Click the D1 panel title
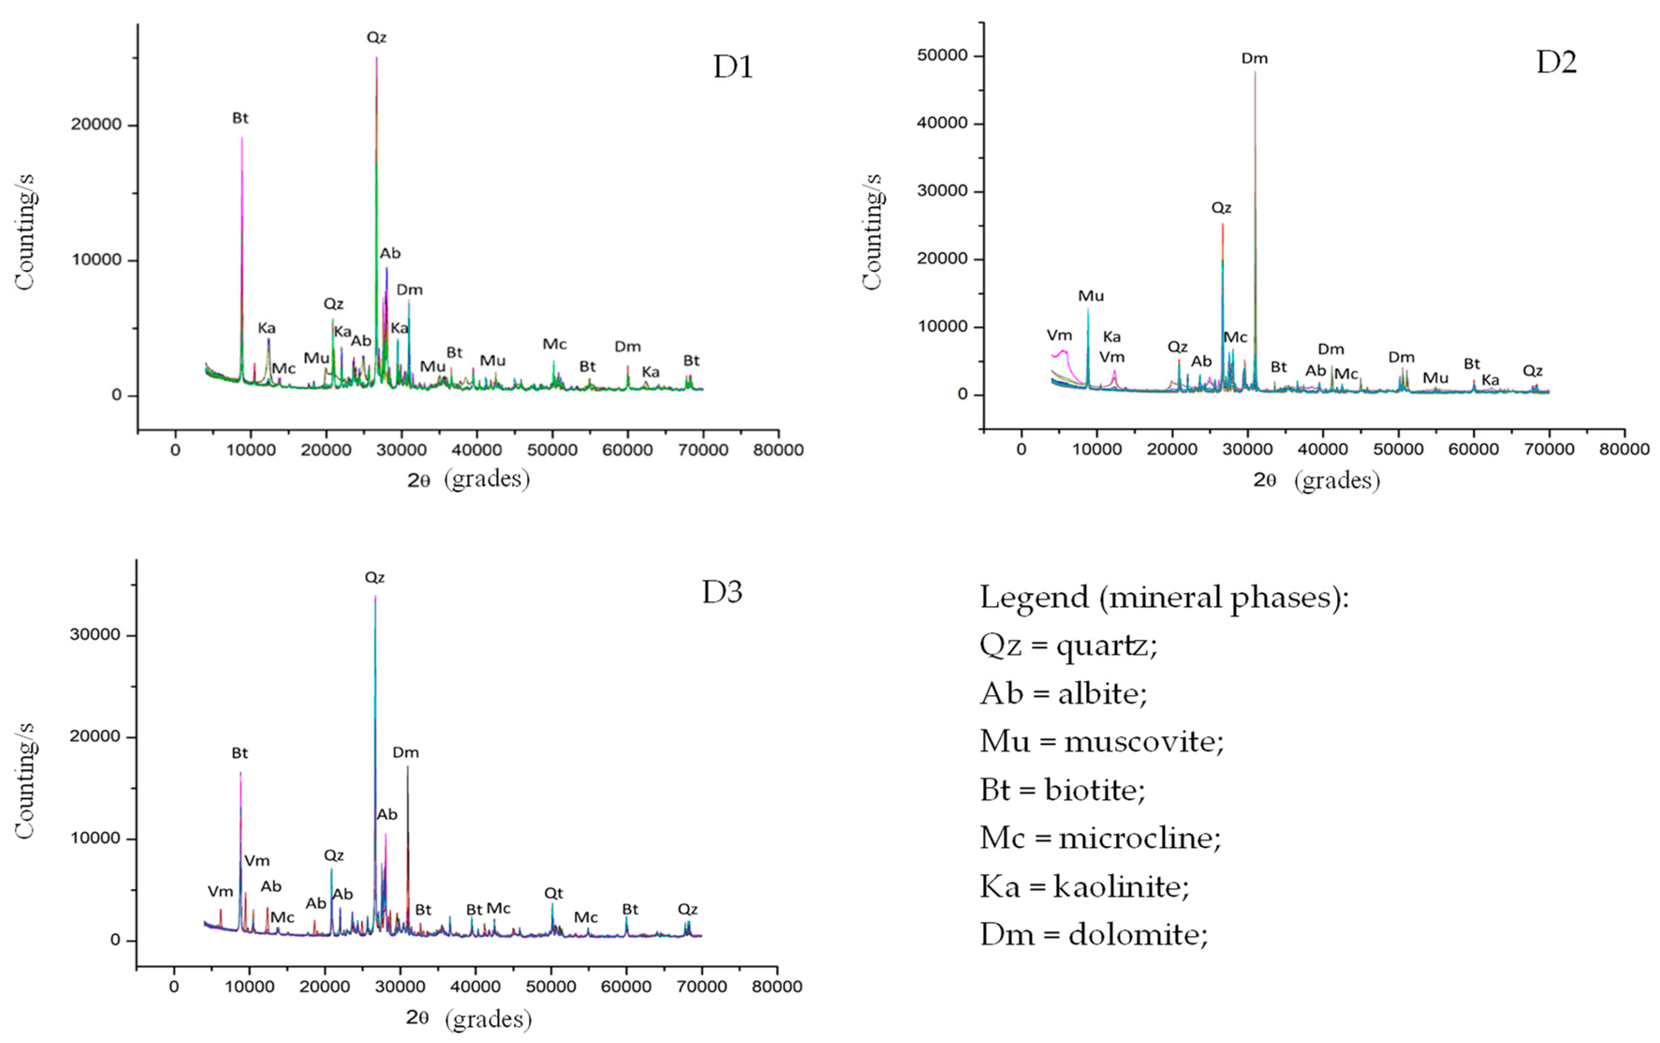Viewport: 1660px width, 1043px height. click(x=733, y=67)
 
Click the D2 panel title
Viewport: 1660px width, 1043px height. click(x=1556, y=63)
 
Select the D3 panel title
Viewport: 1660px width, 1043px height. click(x=722, y=592)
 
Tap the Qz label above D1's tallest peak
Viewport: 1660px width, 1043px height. click(x=376, y=37)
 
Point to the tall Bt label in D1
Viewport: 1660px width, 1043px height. click(x=240, y=118)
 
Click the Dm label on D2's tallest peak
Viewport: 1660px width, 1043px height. click(x=1254, y=59)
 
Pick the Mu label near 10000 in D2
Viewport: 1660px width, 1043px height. click(x=1091, y=296)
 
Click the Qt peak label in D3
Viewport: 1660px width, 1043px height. click(x=553, y=893)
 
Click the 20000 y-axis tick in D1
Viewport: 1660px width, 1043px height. click(x=96, y=125)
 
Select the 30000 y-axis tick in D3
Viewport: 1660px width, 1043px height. click(x=95, y=635)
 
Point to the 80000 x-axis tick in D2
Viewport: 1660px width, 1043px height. click(x=1624, y=449)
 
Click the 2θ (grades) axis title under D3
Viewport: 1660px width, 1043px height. click(x=468, y=1018)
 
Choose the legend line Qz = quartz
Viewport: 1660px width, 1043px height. click(x=1068, y=646)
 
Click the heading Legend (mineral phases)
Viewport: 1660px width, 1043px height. click(x=1164, y=597)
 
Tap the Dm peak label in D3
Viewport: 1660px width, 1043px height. click(x=406, y=753)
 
